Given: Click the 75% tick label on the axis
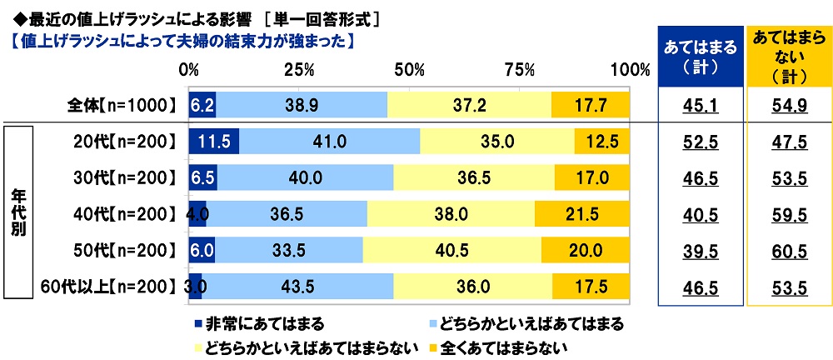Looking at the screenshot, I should pyautogui.click(x=520, y=68).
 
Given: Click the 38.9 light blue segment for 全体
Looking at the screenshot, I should pyautogui.click(x=302, y=104).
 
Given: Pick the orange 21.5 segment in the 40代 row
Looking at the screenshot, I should pyautogui.click(x=583, y=213).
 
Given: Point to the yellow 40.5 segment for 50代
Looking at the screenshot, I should pyautogui.click(x=452, y=250).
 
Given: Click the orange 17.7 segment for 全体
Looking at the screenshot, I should pyautogui.click(x=590, y=104).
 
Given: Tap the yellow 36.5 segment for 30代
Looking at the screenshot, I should pyautogui.click(x=474, y=177).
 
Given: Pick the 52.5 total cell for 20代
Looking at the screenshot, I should pyautogui.click(x=700, y=142).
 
